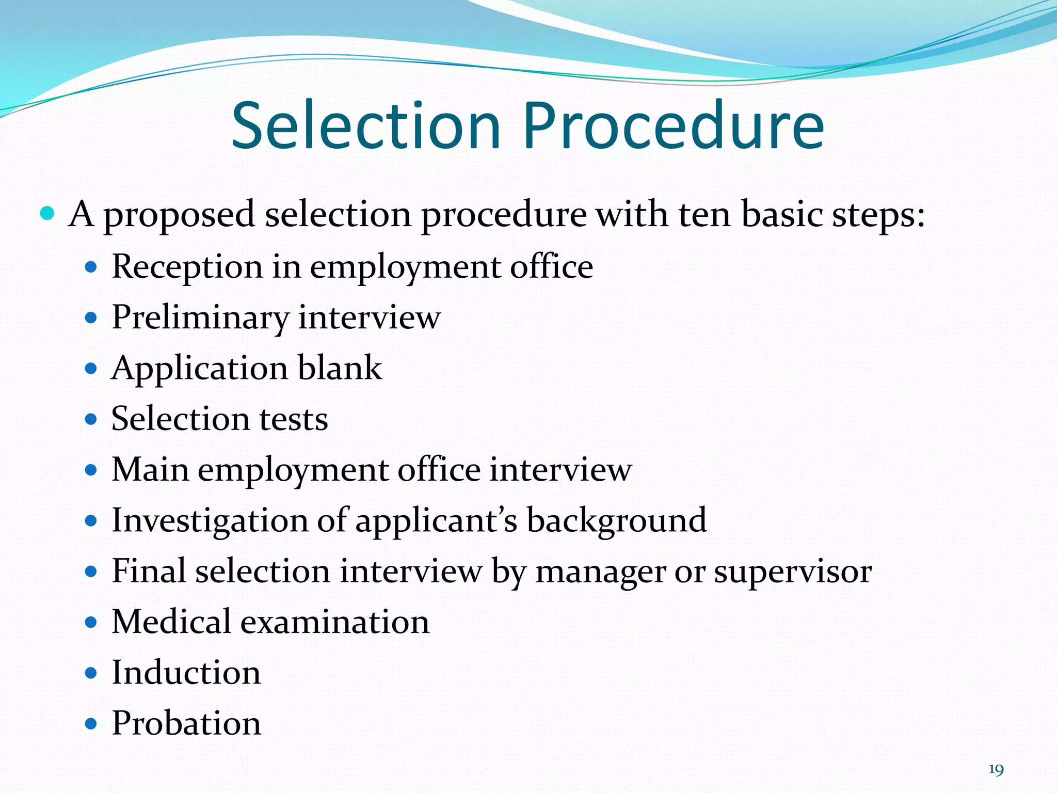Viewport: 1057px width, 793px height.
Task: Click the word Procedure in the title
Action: point(674,126)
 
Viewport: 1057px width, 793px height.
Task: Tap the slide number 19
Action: point(996,770)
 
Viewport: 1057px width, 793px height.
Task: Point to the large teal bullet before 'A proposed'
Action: point(47,213)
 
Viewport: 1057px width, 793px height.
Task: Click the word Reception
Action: point(187,267)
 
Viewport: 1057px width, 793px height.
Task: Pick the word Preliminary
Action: point(200,318)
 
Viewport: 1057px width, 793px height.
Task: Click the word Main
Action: point(150,469)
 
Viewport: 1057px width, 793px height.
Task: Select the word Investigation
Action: point(210,520)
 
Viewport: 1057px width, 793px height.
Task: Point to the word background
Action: point(616,520)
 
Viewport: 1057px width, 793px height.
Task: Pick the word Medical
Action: point(171,621)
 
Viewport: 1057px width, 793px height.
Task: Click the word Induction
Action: point(186,672)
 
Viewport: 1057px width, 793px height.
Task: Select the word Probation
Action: point(186,723)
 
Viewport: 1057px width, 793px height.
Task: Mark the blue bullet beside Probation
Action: point(91,724)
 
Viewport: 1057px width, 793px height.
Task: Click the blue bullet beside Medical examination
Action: point(91,622)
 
